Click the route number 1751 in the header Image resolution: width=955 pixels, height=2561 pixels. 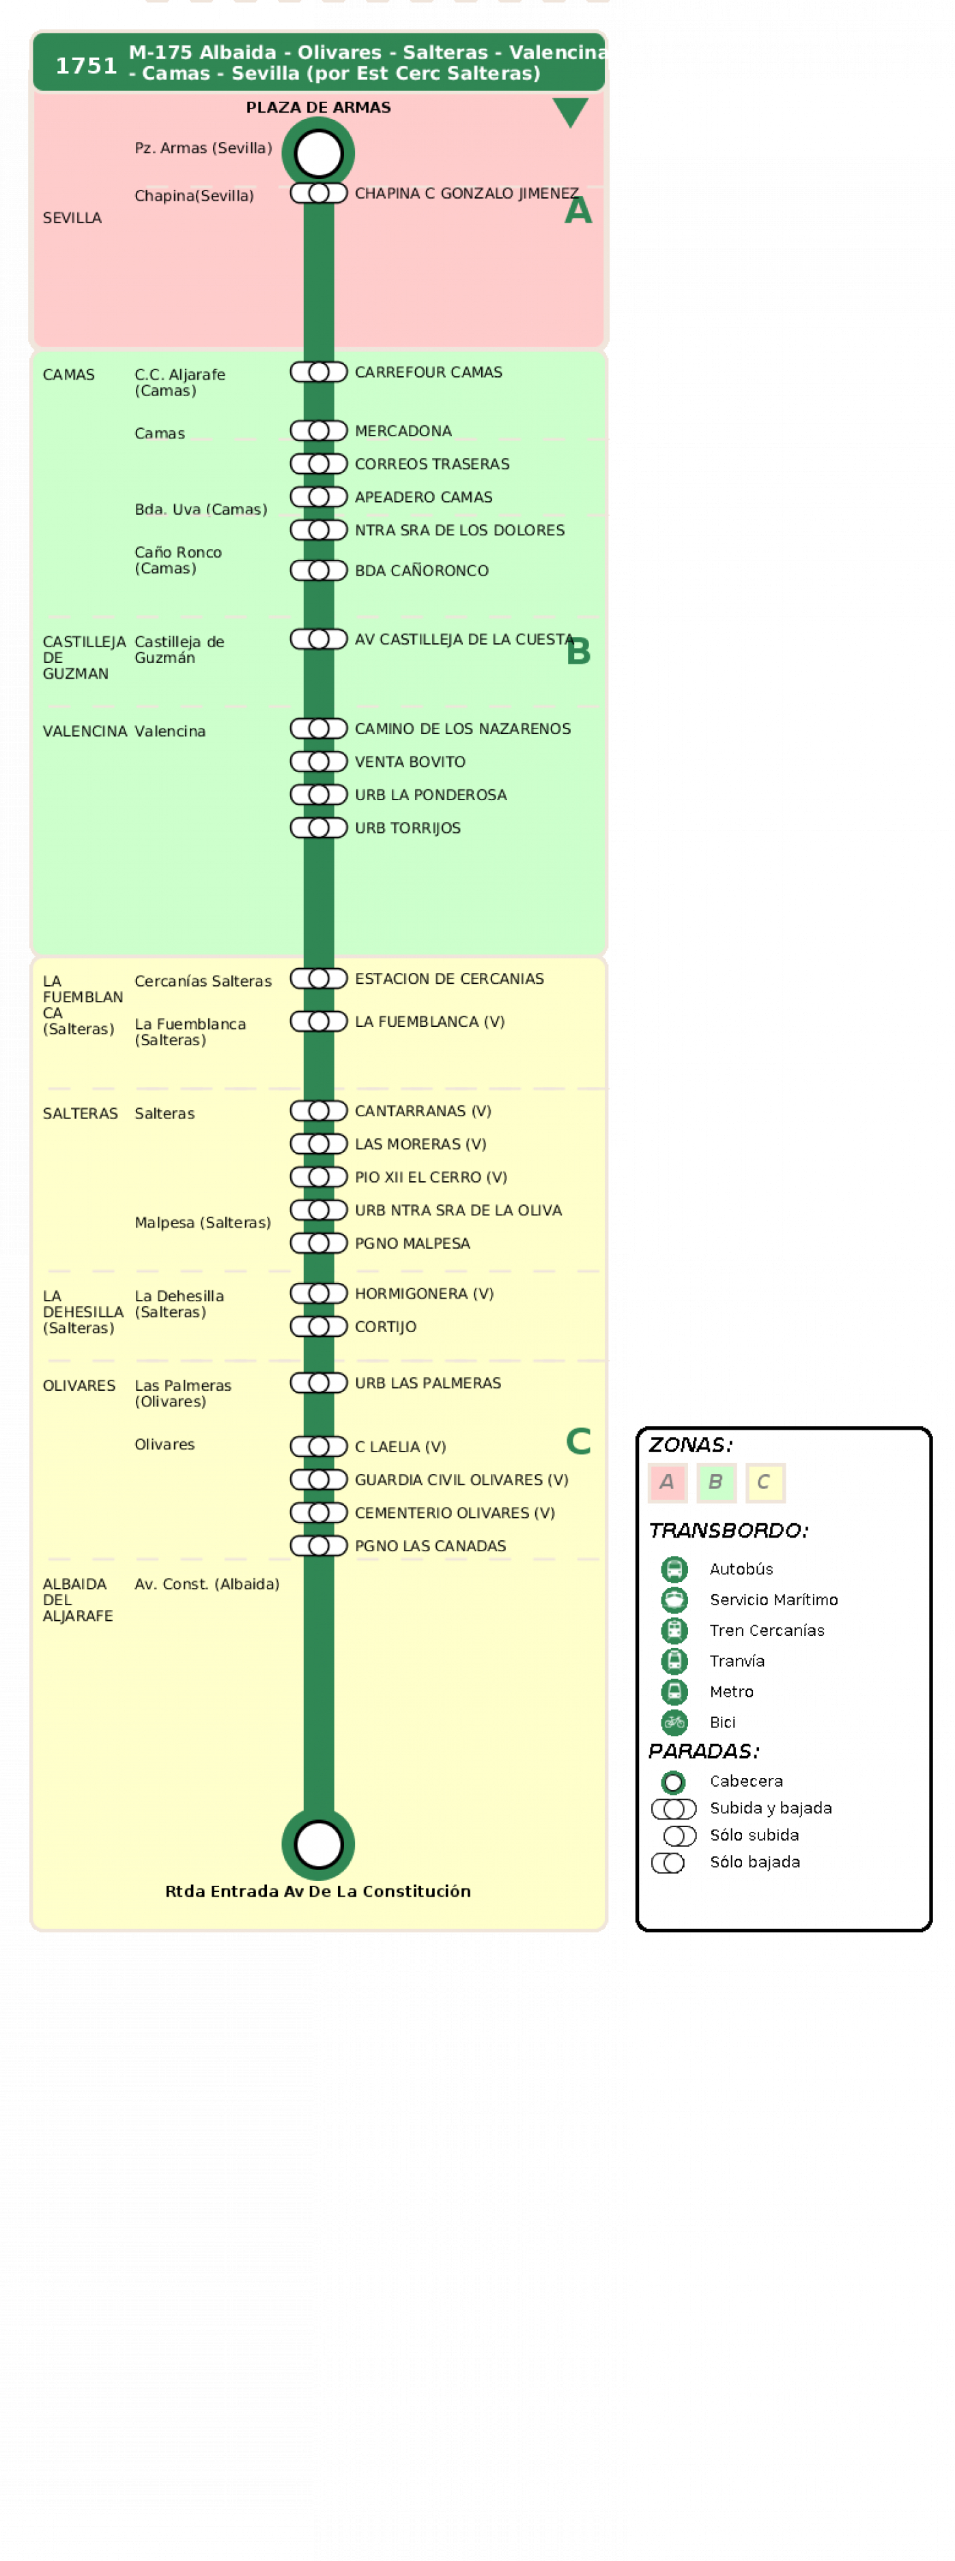87,66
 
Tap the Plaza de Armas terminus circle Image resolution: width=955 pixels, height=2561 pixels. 318,153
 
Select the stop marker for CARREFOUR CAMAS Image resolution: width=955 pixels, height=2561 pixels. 318,372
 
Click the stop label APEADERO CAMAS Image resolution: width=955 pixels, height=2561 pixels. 423,497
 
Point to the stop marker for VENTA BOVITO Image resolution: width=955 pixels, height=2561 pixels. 318,761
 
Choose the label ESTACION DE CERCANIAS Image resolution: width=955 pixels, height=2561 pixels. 449,978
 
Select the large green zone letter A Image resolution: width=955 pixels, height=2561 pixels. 578,211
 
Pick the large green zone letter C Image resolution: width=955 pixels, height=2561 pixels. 578,1441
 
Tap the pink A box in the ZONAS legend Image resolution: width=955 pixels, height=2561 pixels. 667,1482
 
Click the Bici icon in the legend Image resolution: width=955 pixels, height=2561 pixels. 674,1722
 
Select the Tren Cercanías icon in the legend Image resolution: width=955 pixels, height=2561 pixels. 674,1630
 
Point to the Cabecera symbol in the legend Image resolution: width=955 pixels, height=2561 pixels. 674,1781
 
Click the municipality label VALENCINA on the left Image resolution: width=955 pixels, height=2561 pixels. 85,731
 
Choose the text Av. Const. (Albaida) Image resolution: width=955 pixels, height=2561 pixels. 207,1584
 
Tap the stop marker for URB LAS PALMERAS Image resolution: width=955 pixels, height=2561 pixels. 318,1383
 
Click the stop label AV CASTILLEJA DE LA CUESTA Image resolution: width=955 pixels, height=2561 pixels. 464,639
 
